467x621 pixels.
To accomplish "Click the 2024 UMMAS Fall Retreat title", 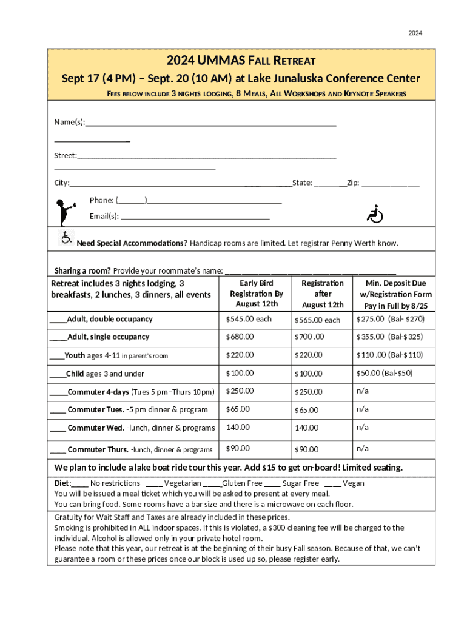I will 241,61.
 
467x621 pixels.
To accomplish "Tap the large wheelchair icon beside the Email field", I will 375,214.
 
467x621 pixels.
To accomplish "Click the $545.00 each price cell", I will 249,319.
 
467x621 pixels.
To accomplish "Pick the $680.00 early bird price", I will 240,337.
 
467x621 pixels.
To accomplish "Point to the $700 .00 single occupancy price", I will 309,337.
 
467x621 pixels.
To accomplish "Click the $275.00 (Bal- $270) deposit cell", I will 390,319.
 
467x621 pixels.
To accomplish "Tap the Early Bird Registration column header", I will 257,294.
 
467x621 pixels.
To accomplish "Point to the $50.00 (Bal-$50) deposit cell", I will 384,373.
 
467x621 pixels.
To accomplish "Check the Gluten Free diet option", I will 241,483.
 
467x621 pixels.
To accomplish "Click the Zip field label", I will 353,183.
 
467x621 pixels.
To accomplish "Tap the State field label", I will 302,183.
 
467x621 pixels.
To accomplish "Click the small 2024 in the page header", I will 415,33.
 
